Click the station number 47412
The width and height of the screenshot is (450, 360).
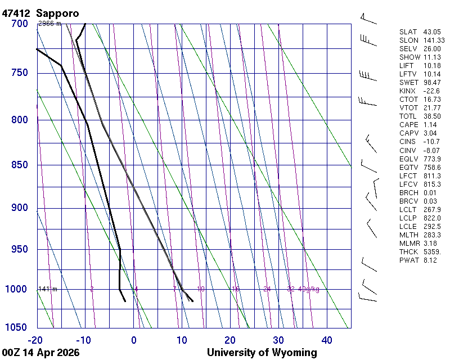pyautogui.click(x=16, y=13)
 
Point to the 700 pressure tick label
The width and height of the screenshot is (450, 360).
pyautogui.click(x=19, y=24)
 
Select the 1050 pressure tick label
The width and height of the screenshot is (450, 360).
pyautogui.click(x=16, y=328)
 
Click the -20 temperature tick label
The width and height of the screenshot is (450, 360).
pyautogui.click(x=36, y=340)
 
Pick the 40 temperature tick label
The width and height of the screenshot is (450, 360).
pyautogui.click(x=327, y=340)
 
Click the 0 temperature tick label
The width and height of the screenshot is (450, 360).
pyautogui.click(x=134, y=340)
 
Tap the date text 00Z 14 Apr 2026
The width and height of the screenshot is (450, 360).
pyautogui.click(x=40, y=353)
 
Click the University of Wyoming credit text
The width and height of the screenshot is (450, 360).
pyautogui.click(x=262, y=353)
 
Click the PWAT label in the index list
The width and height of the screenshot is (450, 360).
pyautogui.click(x=408, y=260)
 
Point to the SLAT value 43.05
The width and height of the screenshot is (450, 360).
pyautogui.click(x=432, y=32)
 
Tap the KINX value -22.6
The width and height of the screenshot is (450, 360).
pyautogui.click(x=431, y=91)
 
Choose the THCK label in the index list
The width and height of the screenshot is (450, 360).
pyautogui.click(x=408, y=251)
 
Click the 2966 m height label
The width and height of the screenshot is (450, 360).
pyautogui.click(x=49, y=24)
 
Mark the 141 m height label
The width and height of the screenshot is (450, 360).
pyautogui.click(x=47, y=289)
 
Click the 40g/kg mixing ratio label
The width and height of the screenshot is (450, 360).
pyautogui.click(x=309, y=289)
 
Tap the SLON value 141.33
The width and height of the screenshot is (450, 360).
pyautogui.click(x=434, y=40)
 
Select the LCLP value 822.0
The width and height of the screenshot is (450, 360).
pyautogui.click(x=432, y=218)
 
